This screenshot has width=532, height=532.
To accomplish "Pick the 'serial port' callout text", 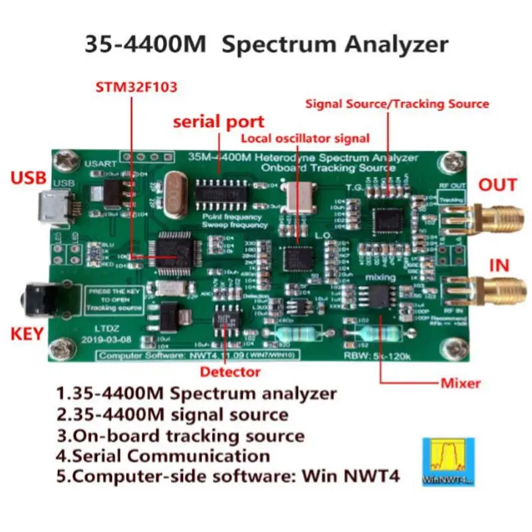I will click(219, 122).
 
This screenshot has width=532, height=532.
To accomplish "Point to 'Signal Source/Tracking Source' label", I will click(397, 104).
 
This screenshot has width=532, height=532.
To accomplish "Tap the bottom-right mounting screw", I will click(456, 346).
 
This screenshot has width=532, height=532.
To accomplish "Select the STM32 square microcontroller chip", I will click(176, 249).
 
